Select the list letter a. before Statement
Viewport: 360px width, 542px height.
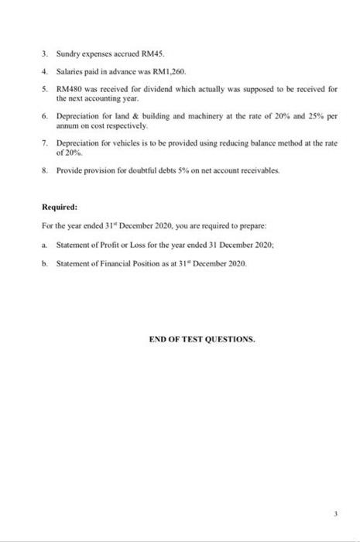point(46,244)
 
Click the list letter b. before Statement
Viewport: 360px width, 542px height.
point(46,264)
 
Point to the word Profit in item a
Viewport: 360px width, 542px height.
point(105,244)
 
